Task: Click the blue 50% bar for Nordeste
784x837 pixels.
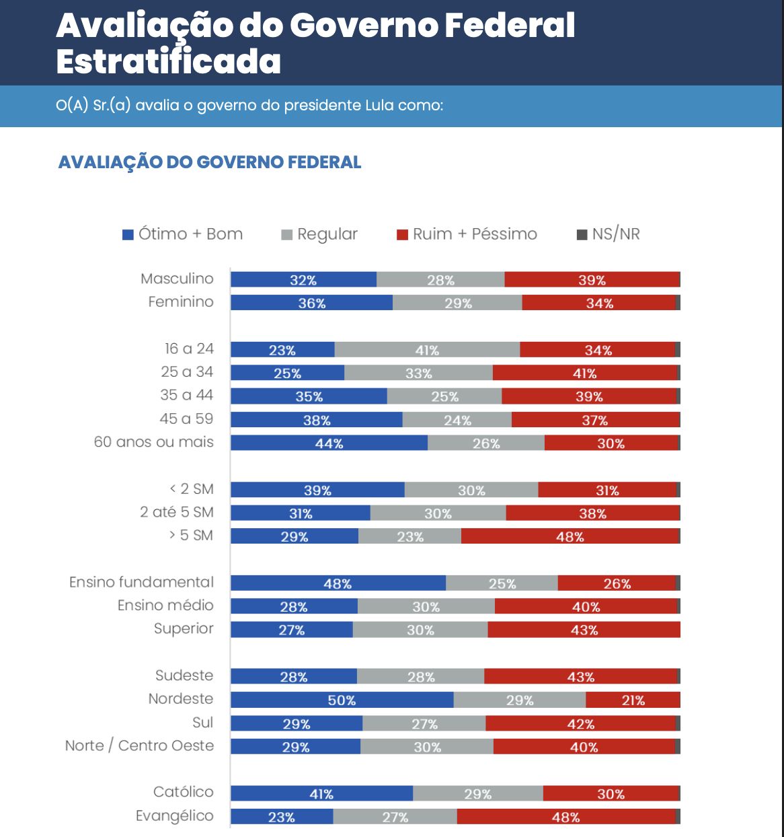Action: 342,700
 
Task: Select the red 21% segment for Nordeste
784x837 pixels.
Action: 632,700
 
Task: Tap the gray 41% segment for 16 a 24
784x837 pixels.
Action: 427,350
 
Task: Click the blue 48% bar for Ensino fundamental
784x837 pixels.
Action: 338,583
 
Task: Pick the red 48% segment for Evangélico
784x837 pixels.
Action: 565,817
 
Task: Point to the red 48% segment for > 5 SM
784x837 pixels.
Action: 570,536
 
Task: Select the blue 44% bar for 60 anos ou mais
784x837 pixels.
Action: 329,443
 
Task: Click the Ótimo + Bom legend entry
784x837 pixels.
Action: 182,234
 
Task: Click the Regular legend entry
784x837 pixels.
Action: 320,234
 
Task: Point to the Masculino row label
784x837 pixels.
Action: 177,279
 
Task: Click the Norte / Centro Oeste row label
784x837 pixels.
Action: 139,745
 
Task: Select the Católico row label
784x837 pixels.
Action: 183,792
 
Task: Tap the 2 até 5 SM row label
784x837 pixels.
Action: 176,512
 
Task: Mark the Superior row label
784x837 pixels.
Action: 184,628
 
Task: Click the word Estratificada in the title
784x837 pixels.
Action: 168,61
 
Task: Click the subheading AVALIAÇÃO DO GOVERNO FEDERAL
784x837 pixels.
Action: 210,162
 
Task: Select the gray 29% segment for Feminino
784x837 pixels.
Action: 457,303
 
